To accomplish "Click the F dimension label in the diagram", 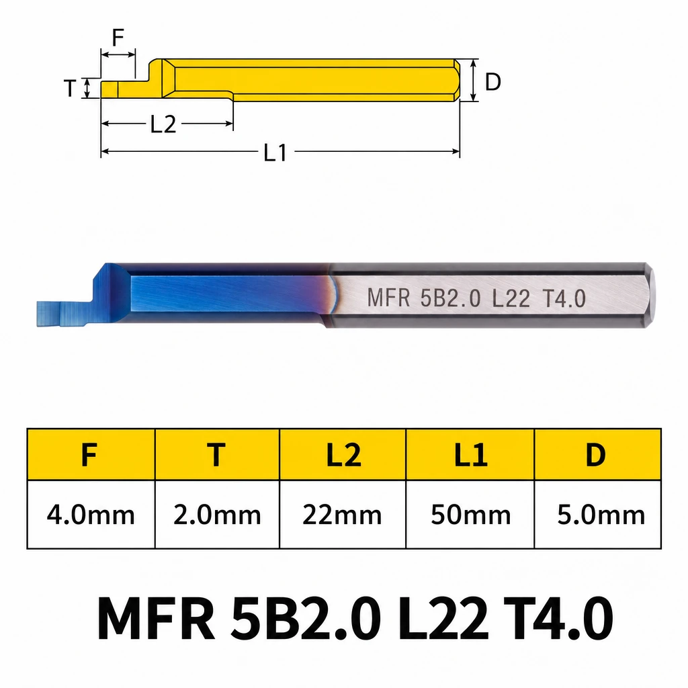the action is coord(118,38).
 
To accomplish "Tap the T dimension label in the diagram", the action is coord(70,88).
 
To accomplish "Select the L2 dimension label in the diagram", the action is coord(163,124).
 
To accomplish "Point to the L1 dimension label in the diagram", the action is coord(275,153).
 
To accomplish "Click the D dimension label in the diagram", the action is coord(492,81).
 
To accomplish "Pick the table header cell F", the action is coord(91,455).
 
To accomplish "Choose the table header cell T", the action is coord(217,455).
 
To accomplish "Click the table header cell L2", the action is coord(343,455).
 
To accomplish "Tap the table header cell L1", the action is coord(470,455).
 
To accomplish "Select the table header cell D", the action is coord(597,455).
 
